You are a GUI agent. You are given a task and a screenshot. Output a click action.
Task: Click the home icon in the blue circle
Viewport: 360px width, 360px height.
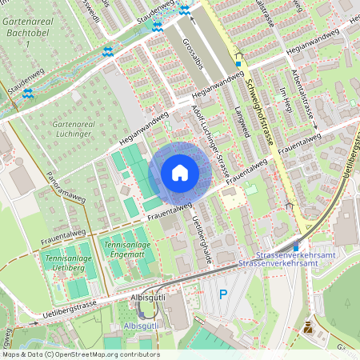[179, 173]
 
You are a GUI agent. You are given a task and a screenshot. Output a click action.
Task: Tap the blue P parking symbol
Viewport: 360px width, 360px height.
[223, 294]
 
